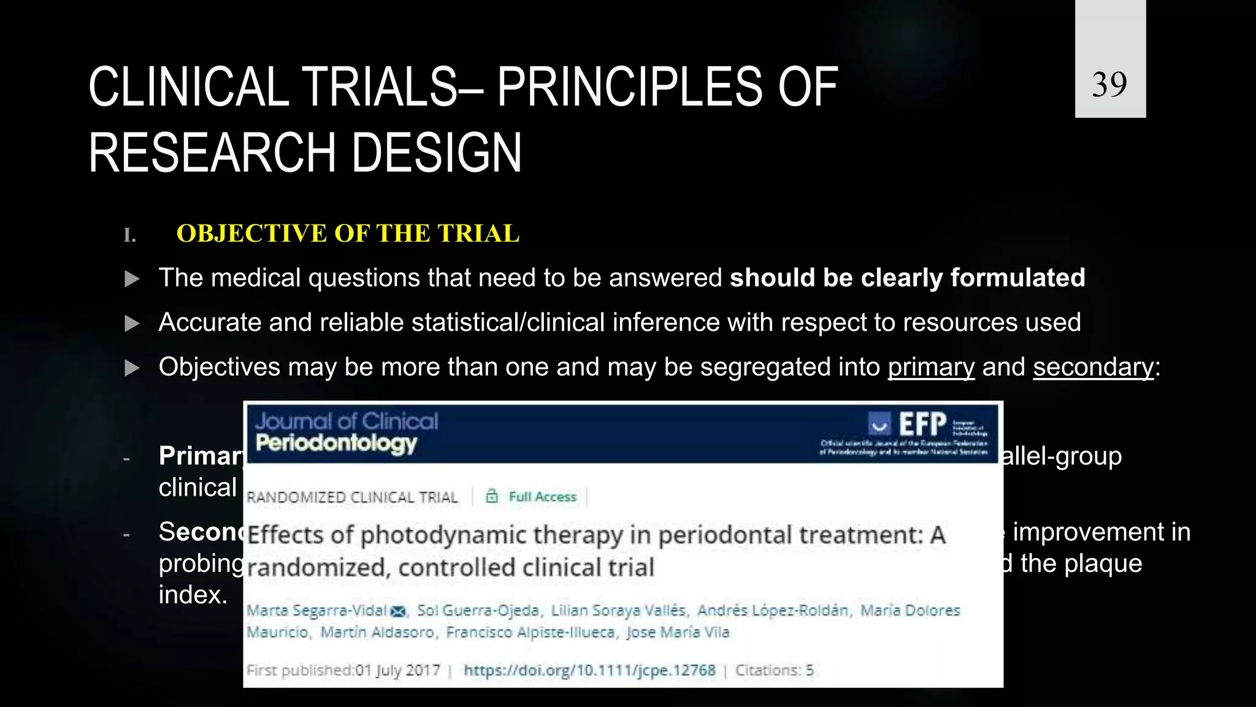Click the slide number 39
(1109, 84)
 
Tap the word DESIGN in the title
(436, 153)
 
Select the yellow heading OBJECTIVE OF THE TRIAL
(348, 234)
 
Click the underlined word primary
(930, 367)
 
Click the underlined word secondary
(1093, 367)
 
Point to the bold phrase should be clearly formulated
(907, 278)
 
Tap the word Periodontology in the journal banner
(336, 442)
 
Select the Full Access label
(542, 496)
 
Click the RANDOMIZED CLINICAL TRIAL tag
(352, 497)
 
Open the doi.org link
(589, 670)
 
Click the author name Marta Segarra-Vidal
(316, 611)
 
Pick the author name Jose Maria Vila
(677, 632)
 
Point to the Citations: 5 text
(774, 670)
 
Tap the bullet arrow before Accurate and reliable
(132, 323)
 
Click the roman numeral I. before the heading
(129, 235)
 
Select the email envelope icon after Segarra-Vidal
(399, 611)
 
